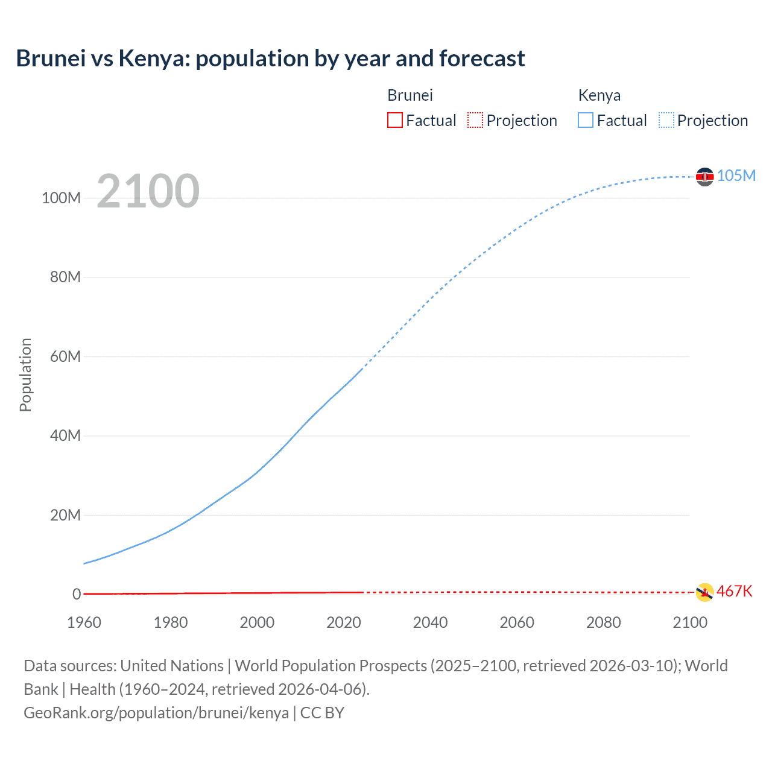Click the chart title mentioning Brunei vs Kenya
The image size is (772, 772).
(x=270, y=59)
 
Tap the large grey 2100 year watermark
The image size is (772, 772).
(x=148, y=191)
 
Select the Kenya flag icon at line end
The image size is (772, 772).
(x=704, y=176)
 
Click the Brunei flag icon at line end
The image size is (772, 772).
(x=704, y=592)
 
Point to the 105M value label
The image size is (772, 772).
(x=736, y=176)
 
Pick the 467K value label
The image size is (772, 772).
(x=734, y=591)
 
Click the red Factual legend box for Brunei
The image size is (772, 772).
(x=395, y=121)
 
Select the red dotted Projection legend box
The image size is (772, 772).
(x=475, y=121)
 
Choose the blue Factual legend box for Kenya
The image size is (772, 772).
(x=586, y=121)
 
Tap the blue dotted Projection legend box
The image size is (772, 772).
(x=666, y=121)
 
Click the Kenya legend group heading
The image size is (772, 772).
(x=599, y=95)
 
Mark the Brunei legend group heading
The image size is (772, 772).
(x=410, y=95)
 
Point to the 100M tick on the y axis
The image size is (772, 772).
(x=61, y=198)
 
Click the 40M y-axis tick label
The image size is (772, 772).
(x=65, y=435)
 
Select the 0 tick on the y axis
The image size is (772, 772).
(x=77, y=594)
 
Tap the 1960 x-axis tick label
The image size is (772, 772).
(x=84, y=622)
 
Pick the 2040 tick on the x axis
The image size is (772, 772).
(x=430, y=622)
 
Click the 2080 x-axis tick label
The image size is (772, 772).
(x=603, y=622)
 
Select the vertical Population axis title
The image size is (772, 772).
(x=25, y=375)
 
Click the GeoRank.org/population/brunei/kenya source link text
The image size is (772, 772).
(x=156, y=713)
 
